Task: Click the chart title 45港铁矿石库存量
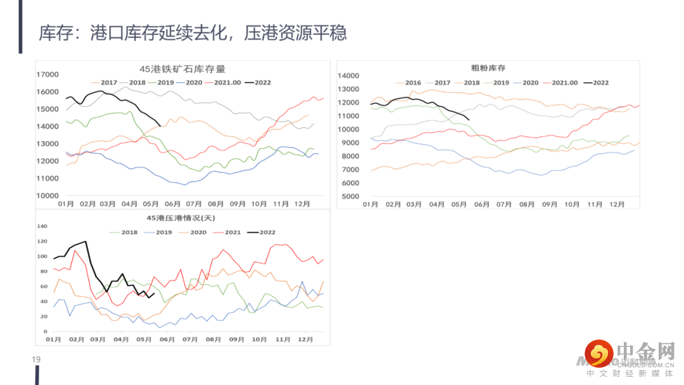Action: pyautogui.click(x=182, y=70)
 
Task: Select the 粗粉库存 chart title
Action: pyautogui.click(x=488, y=68)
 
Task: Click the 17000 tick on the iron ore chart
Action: pyautogui.click(x=47, y=75)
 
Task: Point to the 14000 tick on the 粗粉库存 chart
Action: pyautogui.click(x=348, y=75)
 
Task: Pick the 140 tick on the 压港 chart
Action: pyautogui.click(x=42, y=226)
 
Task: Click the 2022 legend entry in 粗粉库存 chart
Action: pyautogui.click(x=597, y=83)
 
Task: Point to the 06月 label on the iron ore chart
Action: pyautogui.click(x=172, y=204)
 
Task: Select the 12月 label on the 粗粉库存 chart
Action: pyautogui.click(x=617, y=205)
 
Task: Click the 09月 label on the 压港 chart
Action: pyautogui.click(x=236, y=340)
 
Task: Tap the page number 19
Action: pyautogui.click(x=36, y=360)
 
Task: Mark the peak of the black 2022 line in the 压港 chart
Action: pyautogui.click(x=85, y=241)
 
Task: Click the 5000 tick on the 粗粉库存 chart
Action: pyautogui.click(x=350, y=196)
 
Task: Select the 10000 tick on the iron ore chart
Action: pyautogui.click(x=47, y=196)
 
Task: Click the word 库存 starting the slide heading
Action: pyautogui.click(x=53, y=32)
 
